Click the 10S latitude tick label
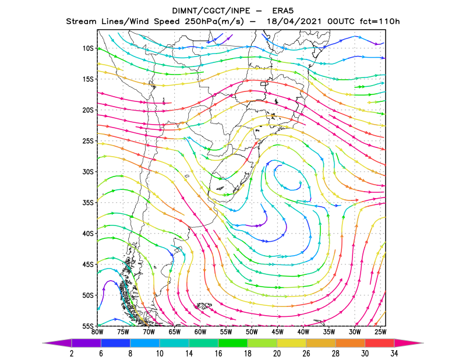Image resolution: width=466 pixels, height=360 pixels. [88, 48]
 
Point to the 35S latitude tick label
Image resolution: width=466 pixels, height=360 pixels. [88, 203]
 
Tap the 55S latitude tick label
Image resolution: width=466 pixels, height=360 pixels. [88, 326]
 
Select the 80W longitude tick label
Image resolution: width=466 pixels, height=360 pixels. [97, 332]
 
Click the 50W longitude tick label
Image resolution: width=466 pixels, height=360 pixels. [252, 332]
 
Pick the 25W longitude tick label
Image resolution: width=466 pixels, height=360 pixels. [380, 332]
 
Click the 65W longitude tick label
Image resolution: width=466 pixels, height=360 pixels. [174, 332]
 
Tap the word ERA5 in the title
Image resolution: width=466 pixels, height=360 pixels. [283, 11]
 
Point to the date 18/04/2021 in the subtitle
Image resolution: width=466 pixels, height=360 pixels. [294, 22]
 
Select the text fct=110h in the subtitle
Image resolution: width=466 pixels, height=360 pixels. [380, 22]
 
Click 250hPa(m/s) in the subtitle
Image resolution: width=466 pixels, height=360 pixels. [214, 22]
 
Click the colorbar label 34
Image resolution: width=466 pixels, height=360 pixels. [394, 353]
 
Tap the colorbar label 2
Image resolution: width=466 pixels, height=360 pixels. [72, 353]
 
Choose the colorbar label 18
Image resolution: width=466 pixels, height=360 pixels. [248, 353]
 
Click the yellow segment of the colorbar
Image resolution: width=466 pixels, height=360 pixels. [292, 343]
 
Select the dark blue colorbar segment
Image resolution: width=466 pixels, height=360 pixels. [115, 343]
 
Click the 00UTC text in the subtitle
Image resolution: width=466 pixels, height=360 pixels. [341, 22]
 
